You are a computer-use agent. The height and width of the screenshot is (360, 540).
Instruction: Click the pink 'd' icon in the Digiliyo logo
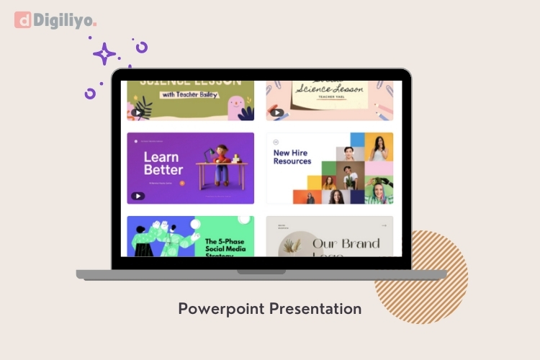[23, 20]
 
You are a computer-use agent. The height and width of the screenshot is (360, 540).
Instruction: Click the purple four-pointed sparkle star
[104, 53]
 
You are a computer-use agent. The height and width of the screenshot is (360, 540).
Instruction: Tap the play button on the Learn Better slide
[137, 196]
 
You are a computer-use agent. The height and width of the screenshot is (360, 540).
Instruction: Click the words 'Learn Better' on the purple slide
[163, 163]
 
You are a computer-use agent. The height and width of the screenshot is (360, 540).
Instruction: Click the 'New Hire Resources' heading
[292, 157]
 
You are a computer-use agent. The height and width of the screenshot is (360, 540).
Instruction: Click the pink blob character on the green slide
[234, 107]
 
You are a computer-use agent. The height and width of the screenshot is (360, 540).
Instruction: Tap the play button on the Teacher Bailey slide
[137, 112]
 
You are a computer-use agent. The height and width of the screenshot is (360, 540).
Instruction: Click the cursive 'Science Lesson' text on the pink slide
[328, 91]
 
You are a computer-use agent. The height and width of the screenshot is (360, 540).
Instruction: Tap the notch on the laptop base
[261, 272]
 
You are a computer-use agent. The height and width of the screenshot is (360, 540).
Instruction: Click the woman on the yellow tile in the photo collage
[379, 148]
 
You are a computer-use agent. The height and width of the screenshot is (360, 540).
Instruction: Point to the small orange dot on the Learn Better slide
[182, 184]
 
